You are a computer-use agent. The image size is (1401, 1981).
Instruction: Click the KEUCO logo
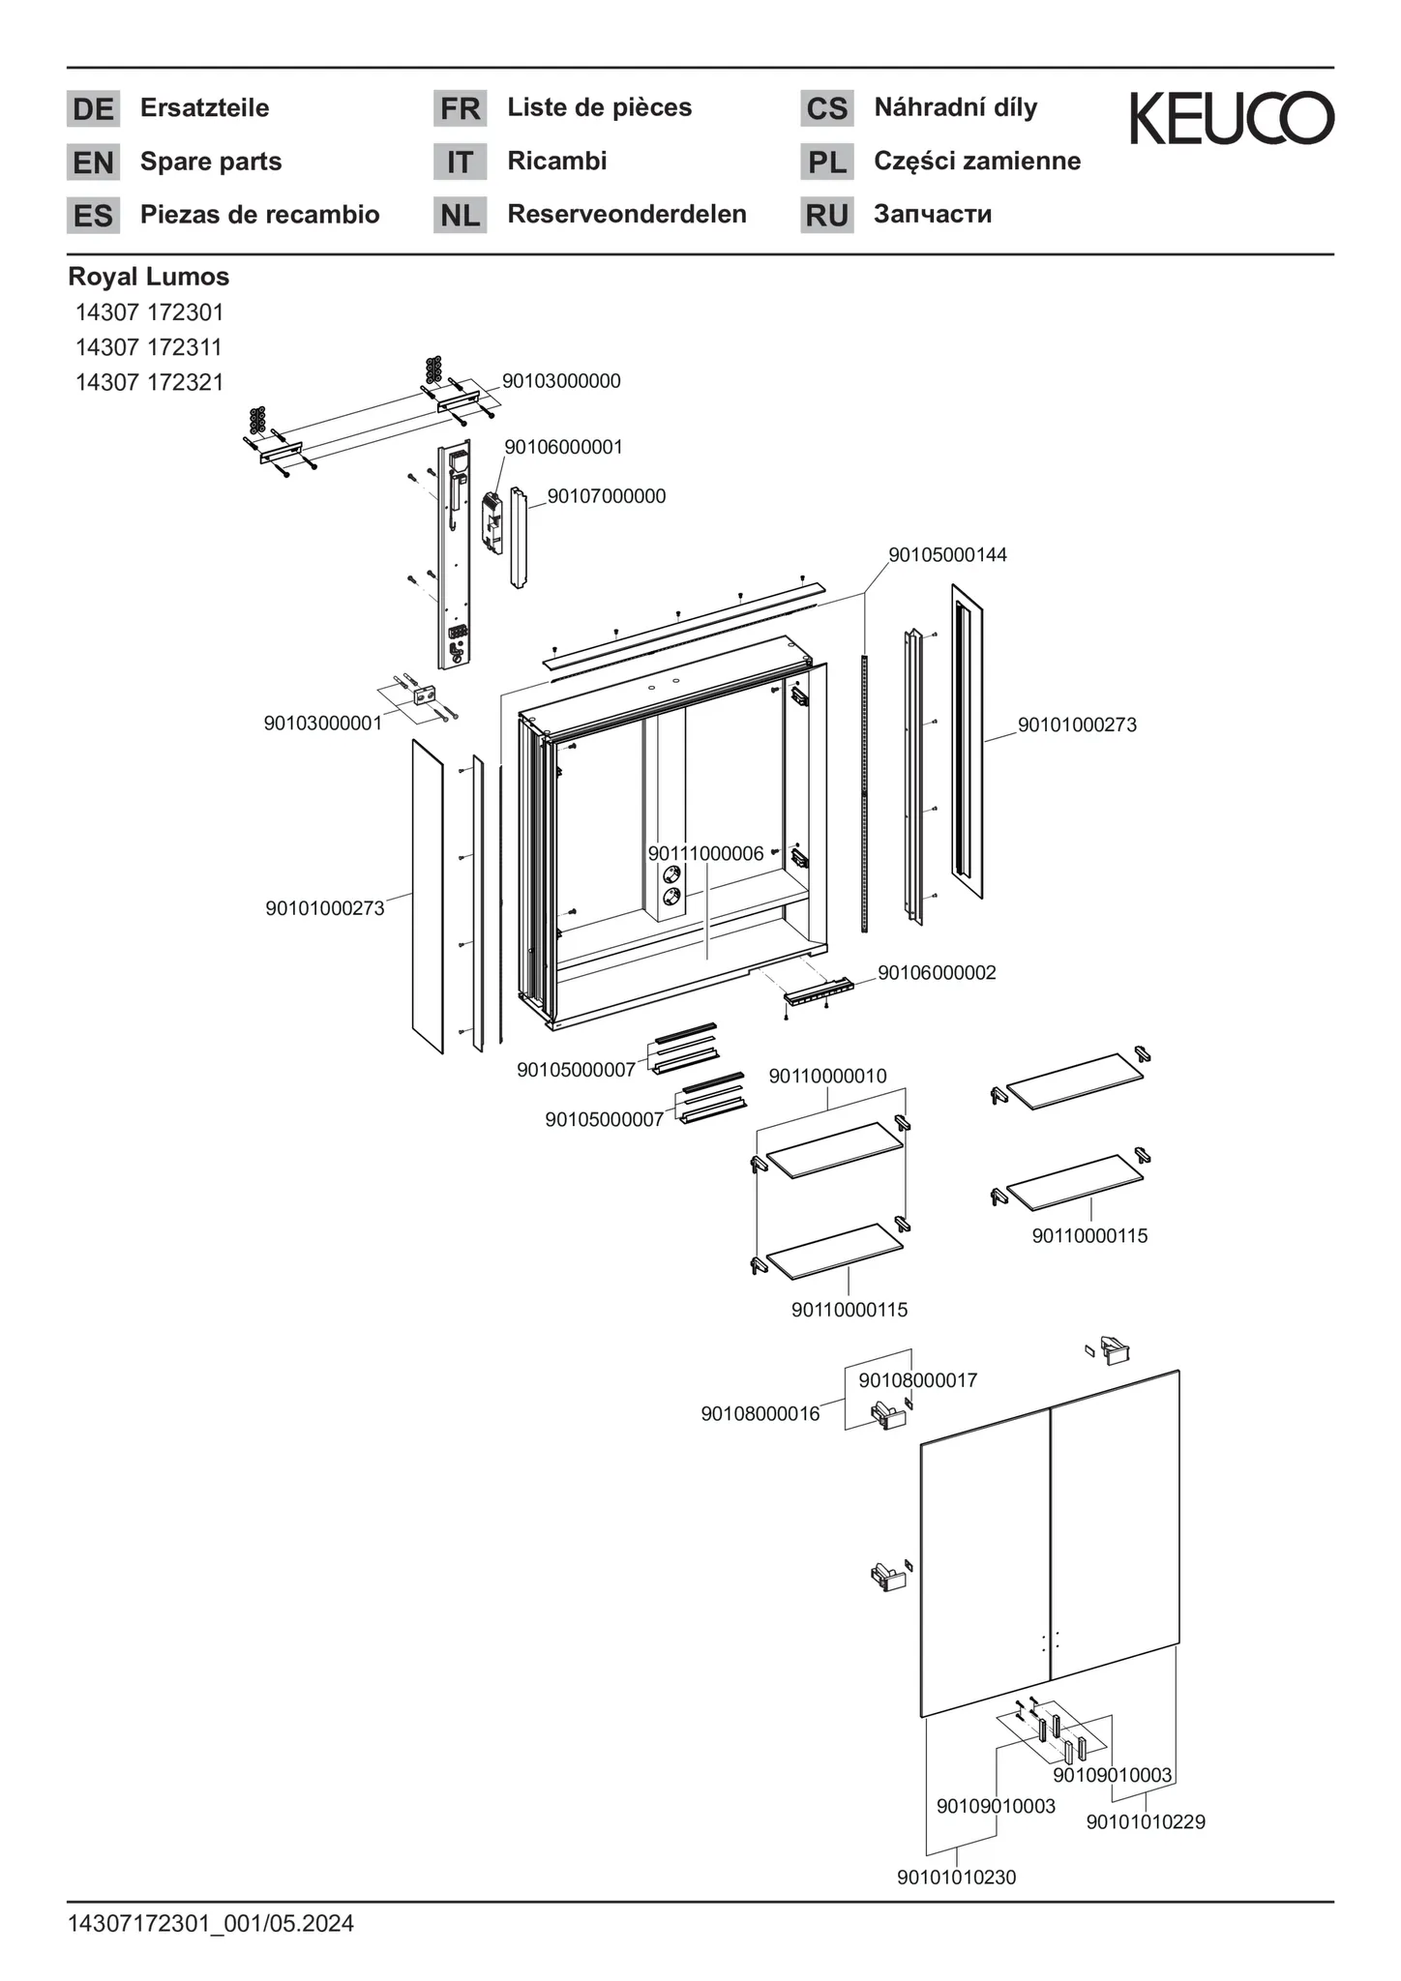coord(1232,118)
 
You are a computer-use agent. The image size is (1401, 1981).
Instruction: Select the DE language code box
coord(93,108)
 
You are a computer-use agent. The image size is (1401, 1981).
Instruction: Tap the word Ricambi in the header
coord(556,161)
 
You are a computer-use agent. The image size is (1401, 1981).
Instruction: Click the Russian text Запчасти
coord(932,214)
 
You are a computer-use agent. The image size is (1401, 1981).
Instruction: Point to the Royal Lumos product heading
coord(148,277)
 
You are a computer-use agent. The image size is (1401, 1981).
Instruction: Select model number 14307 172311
coord(149,346)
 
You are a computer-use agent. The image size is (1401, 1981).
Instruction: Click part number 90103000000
coord(561,381)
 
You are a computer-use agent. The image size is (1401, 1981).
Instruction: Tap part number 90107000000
coord(607,496)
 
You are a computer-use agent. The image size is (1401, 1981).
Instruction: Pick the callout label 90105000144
coord(947,554)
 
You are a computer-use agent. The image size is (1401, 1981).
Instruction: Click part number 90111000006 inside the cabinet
coord(705,853)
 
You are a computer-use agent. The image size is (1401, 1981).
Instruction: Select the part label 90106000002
coord(937,972)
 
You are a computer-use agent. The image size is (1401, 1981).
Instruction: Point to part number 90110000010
coord(827,1076)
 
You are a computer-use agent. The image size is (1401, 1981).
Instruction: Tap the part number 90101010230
coord(956,1877)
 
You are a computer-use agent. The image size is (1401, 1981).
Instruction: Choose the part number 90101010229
coord(1146,1821)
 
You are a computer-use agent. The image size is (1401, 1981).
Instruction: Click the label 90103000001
coord(323,723)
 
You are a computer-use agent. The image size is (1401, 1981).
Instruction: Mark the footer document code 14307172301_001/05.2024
coord(210,1923)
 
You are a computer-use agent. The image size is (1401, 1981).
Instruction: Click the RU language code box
coord(826,215)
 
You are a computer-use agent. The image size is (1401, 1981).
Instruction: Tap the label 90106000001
coord(563,447)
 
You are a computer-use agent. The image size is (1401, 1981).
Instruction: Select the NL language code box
coord(460,215)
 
